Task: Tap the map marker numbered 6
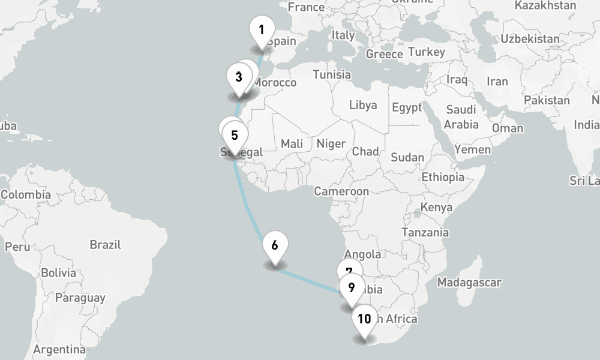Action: [275, 246]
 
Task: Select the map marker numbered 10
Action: [364, 319]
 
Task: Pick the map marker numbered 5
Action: [235, 136]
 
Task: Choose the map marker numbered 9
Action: [352, 288]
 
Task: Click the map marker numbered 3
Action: [239, 77]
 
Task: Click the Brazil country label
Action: [105, 245]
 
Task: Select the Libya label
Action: [363, 106]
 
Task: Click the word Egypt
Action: [407, 108]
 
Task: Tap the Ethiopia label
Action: [443, 178]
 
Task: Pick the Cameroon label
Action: [341, 192]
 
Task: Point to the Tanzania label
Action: [425, 232]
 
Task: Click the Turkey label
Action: [427, 52]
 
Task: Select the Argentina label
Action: [59, 349]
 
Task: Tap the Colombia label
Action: [25, 195]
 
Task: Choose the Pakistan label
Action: [546, 100]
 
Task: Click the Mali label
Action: [292, 144]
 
